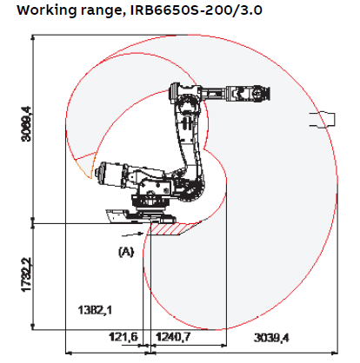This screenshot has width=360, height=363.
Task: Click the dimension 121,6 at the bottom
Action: tap(123, 336)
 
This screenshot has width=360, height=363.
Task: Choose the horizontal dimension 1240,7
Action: tap(173, 336)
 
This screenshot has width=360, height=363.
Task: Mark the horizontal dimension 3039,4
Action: tap(270, 336)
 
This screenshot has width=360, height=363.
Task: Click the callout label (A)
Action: tap(127, 250)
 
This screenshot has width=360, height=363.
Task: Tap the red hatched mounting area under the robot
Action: tap(174, 228)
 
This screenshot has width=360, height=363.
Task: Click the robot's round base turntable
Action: tap(148, 203)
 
